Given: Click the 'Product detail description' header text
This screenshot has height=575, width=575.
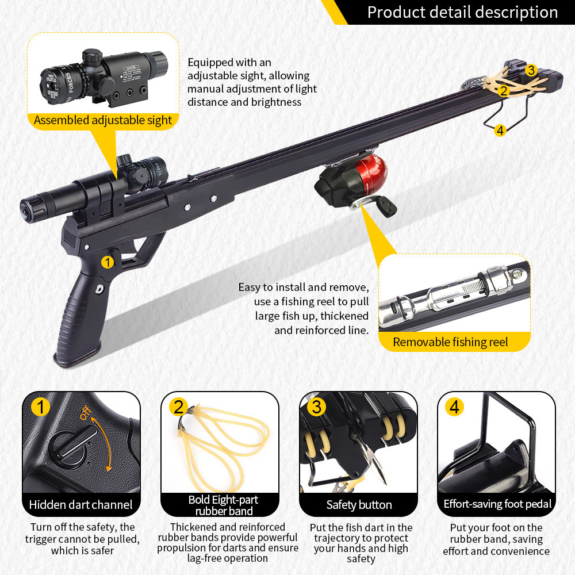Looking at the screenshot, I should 462,12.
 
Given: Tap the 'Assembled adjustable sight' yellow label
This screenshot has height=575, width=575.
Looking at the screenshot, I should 103,120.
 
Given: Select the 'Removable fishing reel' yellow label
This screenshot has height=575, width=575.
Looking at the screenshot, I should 450,342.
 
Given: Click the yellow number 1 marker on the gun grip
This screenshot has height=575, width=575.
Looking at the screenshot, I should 108,262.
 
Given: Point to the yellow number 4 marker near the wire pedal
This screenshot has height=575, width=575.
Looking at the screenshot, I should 500,131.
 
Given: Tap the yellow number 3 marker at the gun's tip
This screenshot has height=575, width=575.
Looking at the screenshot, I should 531,70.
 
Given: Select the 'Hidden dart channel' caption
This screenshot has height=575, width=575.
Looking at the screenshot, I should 81,505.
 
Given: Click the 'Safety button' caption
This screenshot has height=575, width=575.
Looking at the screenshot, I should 359,505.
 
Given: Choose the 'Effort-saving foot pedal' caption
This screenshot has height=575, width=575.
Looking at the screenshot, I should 497,504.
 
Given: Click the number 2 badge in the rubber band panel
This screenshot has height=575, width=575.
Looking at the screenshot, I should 179,407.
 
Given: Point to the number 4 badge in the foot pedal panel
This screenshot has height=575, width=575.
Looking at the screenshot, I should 455,407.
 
